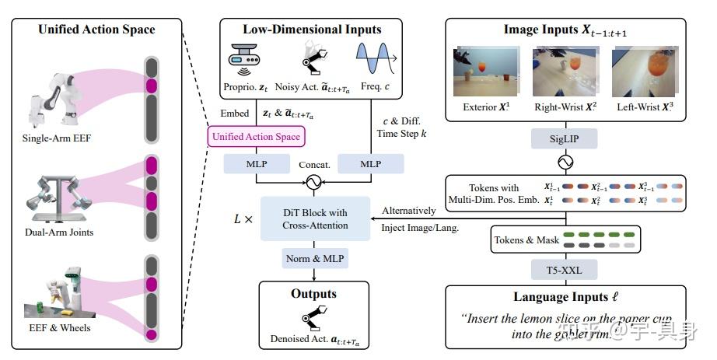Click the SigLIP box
565,139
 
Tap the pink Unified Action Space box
255,137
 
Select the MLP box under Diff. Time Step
371,164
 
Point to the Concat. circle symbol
313,183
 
